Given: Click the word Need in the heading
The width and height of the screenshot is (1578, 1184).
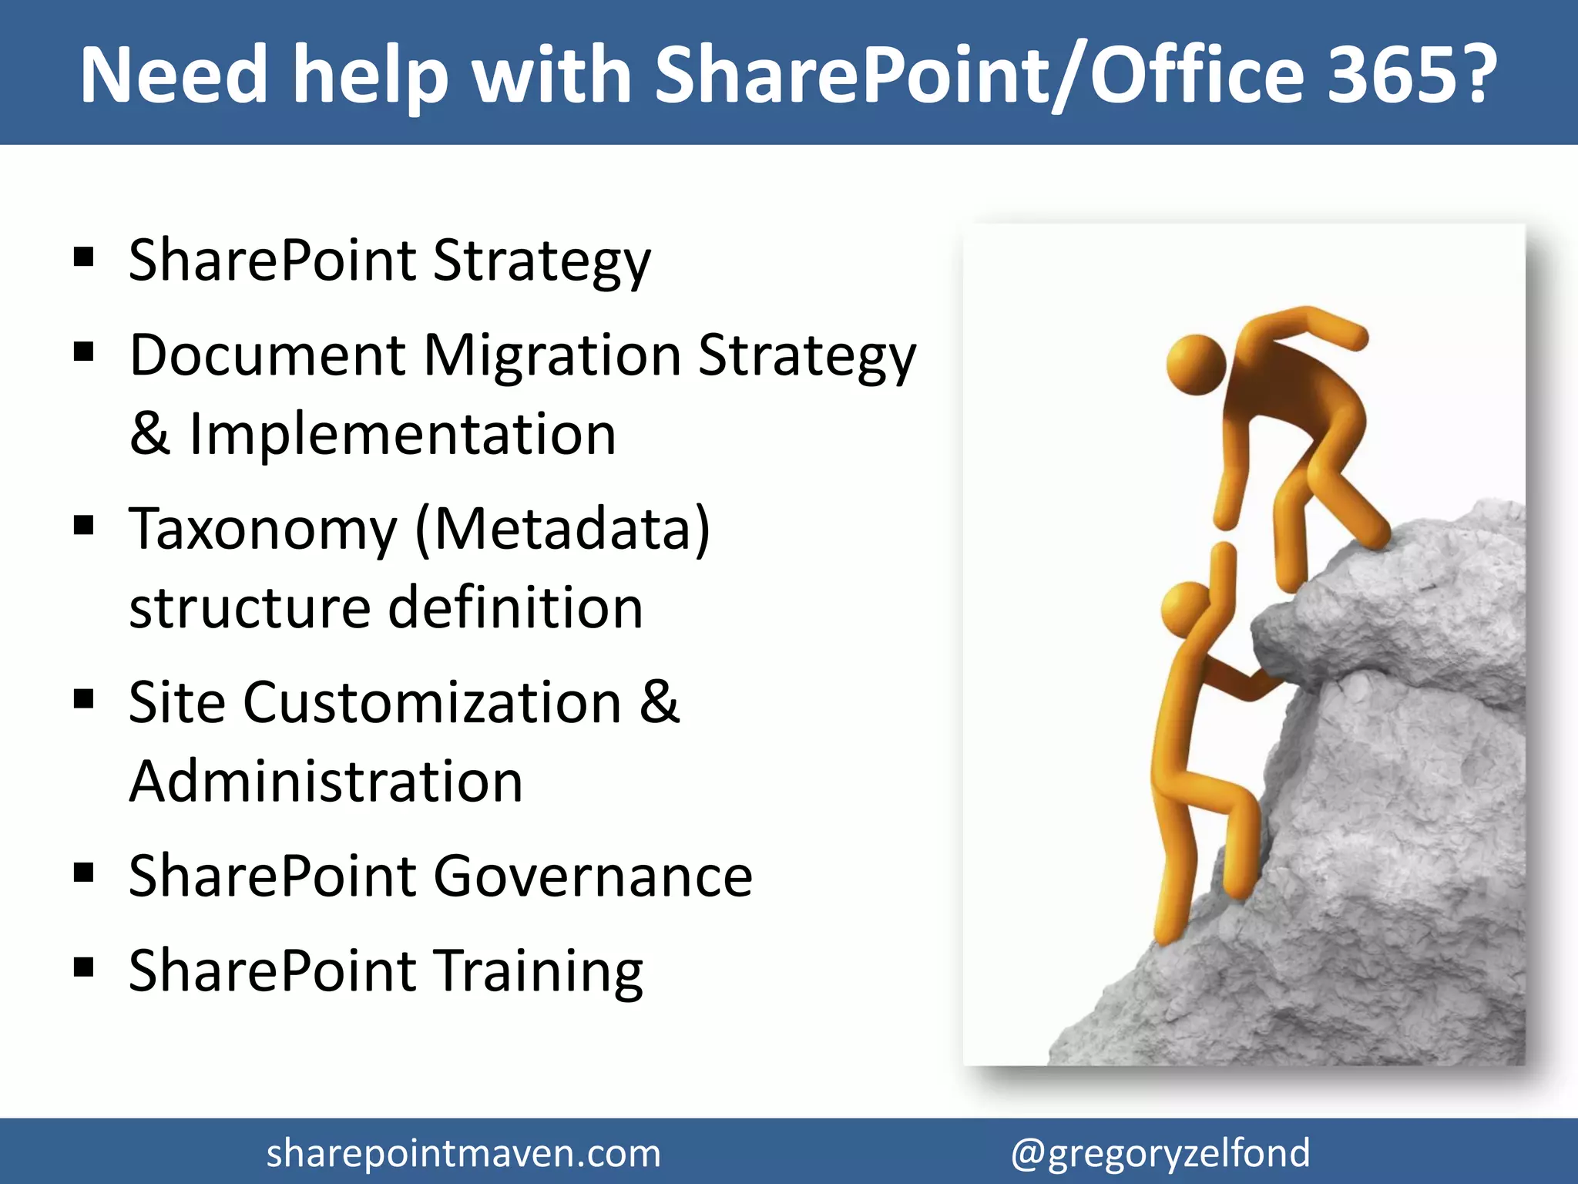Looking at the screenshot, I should pyautogui.click(x=173, y=75).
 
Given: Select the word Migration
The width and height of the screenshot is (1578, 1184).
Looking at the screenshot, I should pyautogui.click(x=552, y=356).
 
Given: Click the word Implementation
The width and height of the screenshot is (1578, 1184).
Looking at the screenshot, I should pyautogui.click(x=402, y=434).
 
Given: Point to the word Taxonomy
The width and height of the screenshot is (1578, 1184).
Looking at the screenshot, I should pyautogui.click(x=263, y=530).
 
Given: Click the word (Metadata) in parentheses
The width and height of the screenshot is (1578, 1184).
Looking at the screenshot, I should pyautogui.click(x=562, y=530).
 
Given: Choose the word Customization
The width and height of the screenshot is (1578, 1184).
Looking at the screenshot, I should pyautogui.click(x=432, y=703).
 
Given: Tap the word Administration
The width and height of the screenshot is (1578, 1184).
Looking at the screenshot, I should pyautogui.click(x=326, y=782).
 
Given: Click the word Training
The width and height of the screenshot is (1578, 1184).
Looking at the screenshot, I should pyautogui.click(x=539, y=971).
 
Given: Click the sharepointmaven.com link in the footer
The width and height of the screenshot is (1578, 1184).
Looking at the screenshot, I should pyautogui.click(x=463, y=1153).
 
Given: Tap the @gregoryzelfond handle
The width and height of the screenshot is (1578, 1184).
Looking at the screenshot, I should pyautogui.click(x=1160, y=1153).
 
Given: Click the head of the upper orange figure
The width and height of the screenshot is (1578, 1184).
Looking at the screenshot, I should pyautogui.click(x=1196, y=364).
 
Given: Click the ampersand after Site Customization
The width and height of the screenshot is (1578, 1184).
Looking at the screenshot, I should pyautogui.click(x=660, y=703).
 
